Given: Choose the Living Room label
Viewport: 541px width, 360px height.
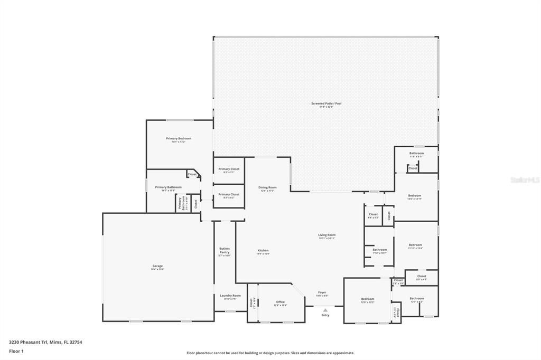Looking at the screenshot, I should [x=327, y=236].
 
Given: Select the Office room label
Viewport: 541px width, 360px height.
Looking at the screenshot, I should [x=281, y=303].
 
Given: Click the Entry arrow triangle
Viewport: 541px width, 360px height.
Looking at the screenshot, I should [x=325, y=310].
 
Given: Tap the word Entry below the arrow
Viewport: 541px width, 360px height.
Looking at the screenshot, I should [x=325, y=315].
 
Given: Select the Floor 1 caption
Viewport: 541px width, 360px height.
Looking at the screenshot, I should [x=16, y=351].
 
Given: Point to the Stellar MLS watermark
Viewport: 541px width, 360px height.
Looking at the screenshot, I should [x=525, y=180].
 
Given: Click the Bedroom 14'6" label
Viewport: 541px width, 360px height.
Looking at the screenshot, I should [x=415, y=197].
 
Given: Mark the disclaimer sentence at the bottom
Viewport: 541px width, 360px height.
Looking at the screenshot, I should [x=270, y=353].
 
